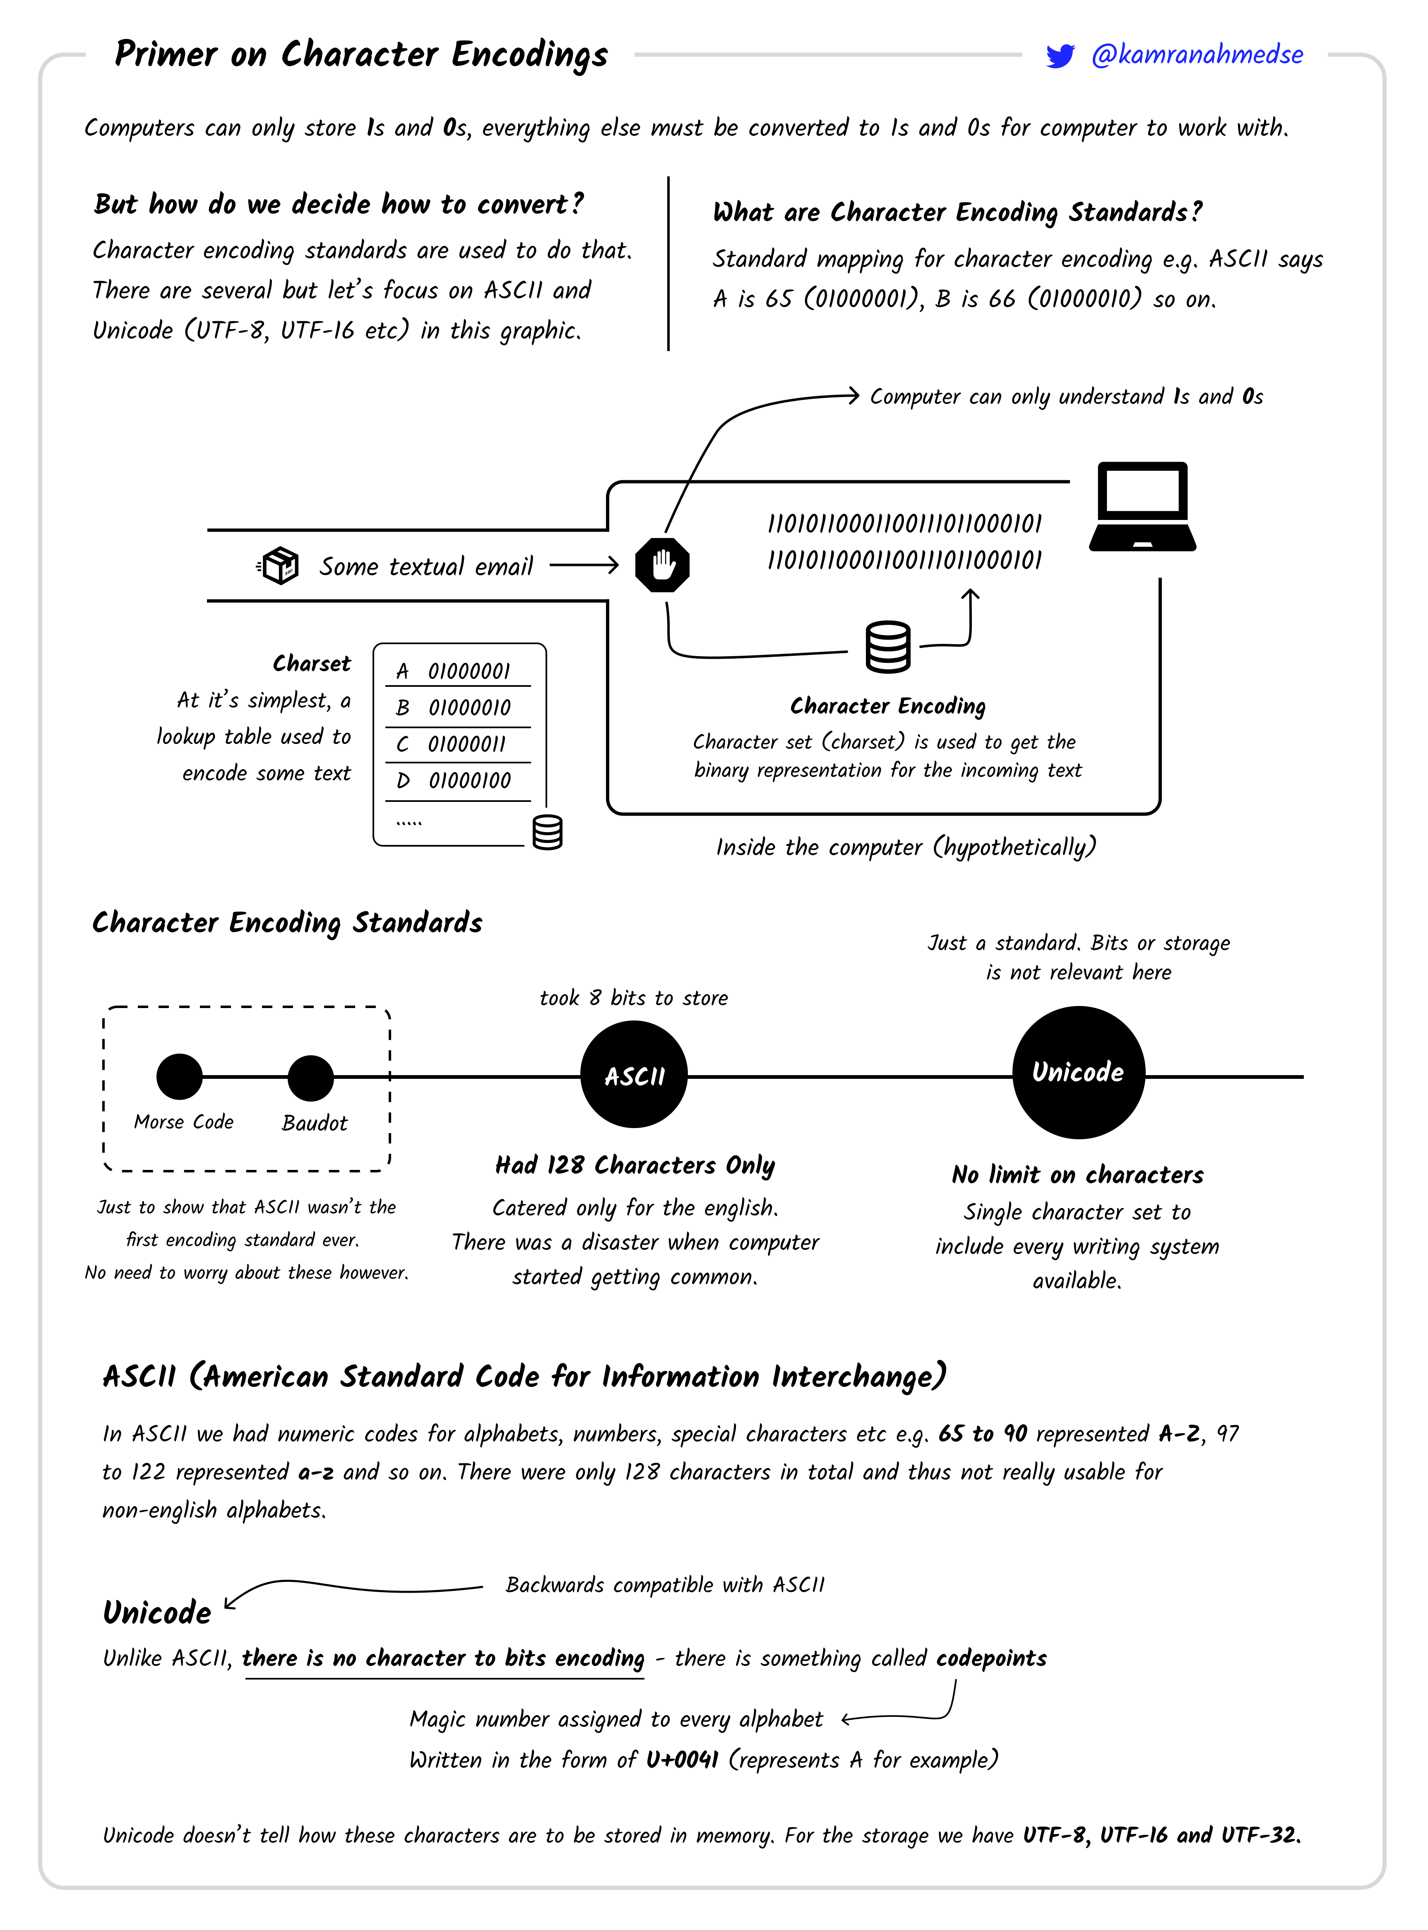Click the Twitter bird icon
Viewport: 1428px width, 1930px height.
(x=1060, y=55)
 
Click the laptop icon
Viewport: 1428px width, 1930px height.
(x=1142, y=508)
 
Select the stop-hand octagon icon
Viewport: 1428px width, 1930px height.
(x=662, y=565)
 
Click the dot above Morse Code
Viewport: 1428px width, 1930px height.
(x=179, y=1076)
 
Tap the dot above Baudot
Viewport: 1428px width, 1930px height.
(x=310, y=1078)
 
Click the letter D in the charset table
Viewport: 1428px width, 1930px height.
(x=403, y=780)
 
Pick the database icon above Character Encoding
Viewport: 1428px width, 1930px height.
(x=888, y=647)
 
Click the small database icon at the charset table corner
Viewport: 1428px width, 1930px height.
(x=547, y=833)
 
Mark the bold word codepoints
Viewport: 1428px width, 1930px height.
(x=991, y=1658)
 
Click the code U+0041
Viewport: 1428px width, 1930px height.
(x=682, y=1760)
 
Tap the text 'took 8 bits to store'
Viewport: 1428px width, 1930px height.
(x=634, y=998)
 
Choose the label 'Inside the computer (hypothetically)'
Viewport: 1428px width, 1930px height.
(x=905, y=847)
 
